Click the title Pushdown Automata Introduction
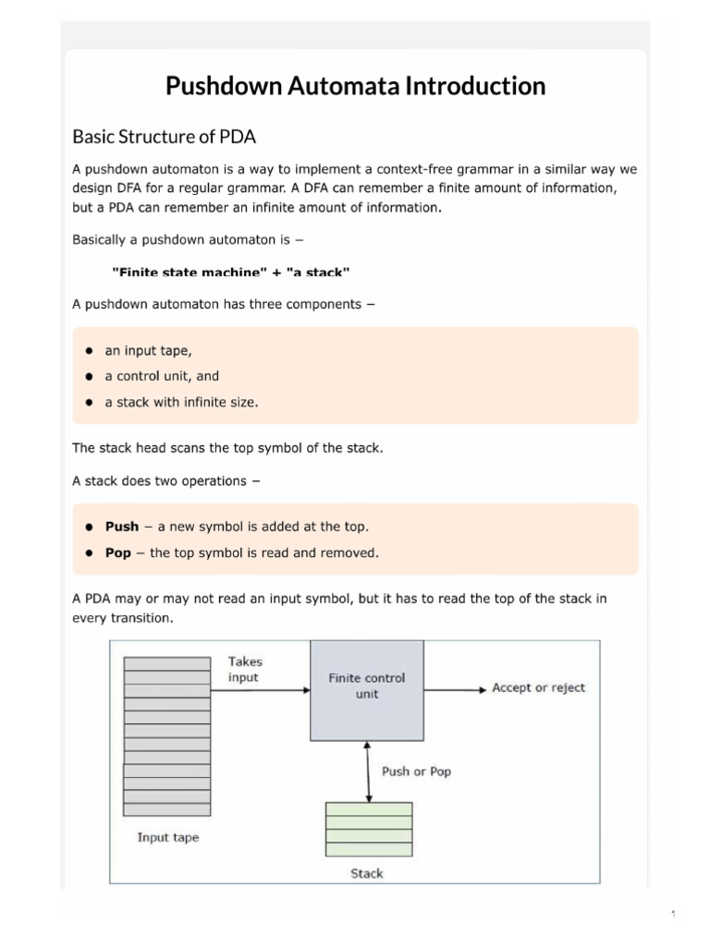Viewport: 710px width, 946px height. pos(355,87)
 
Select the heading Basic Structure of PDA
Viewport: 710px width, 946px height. pos(164,137)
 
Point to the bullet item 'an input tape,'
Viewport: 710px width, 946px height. pos(148,351)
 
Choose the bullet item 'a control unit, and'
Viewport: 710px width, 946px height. pos(162,377)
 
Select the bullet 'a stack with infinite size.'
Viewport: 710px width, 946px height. pos(181,403)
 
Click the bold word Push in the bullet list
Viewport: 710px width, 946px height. pos(122,527)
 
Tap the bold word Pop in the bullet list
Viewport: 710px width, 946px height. pos(118,553)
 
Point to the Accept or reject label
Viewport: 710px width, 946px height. pos(538,688)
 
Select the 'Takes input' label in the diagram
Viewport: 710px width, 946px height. pos(244,670)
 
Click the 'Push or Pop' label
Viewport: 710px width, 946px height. pos(416,771)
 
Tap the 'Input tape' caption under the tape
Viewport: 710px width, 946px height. pos(167,838)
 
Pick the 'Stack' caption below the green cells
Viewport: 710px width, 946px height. pos(367,873)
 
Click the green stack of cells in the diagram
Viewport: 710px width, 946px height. pos(369,829)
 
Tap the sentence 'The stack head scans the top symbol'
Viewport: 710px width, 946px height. pos(227,448)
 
